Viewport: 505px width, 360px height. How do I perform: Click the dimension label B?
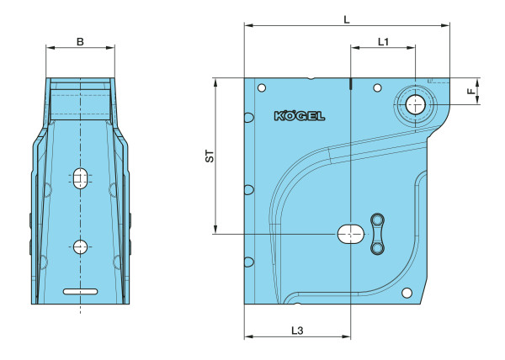pos(80,41)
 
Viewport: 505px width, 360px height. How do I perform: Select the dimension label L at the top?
pos(347,19)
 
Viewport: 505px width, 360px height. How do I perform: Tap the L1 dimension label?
pos(383,41)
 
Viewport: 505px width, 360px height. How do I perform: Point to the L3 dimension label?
pos(297,331)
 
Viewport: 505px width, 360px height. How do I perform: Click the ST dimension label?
pos(210,156)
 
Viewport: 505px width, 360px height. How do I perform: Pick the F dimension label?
pos(471,91)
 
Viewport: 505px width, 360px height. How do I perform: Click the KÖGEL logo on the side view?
pos(300,116)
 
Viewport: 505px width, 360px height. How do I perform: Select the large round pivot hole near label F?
pos(416,104)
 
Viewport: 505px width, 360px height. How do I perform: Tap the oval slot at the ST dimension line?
pos(351,234)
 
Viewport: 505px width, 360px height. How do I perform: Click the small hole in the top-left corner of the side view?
pos(262,87)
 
